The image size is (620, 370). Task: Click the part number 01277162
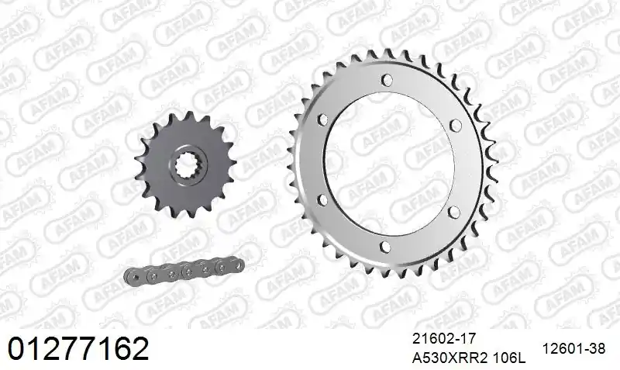tap(78, 348)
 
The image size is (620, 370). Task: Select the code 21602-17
tap(444, 339)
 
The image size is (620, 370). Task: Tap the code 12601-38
tap(573, 348)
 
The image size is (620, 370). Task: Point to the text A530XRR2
tap(451, 358)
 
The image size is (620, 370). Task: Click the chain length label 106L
tap(510, 358)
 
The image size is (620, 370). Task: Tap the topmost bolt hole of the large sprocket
tap(387, 80)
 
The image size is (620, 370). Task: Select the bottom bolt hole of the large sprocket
tap(384, 247)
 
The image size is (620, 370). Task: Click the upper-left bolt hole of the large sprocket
tap(322, 119)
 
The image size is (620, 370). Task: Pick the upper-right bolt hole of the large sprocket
tap(456, 126)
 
